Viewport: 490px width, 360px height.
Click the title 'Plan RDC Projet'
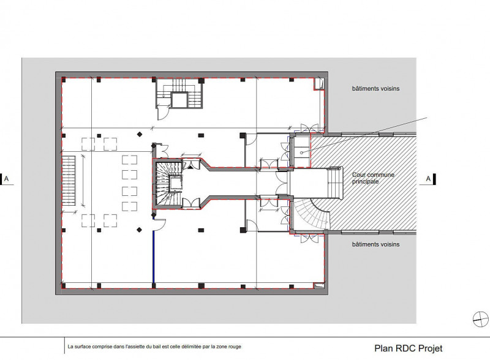408,348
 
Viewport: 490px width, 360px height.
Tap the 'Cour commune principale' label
373,178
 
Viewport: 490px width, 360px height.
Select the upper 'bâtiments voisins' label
375,89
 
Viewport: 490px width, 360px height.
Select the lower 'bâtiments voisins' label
375,244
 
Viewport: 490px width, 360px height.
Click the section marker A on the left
6,179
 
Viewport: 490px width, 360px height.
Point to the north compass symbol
481,319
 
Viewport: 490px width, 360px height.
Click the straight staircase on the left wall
69,181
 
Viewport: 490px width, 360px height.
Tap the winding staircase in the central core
169,184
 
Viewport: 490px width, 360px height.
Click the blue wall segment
154,257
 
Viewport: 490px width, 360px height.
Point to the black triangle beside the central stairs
190,167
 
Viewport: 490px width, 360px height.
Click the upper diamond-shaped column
140,134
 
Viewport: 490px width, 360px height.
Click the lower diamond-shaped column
140,230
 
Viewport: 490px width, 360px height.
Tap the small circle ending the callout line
301,152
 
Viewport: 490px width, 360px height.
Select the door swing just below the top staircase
163,113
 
